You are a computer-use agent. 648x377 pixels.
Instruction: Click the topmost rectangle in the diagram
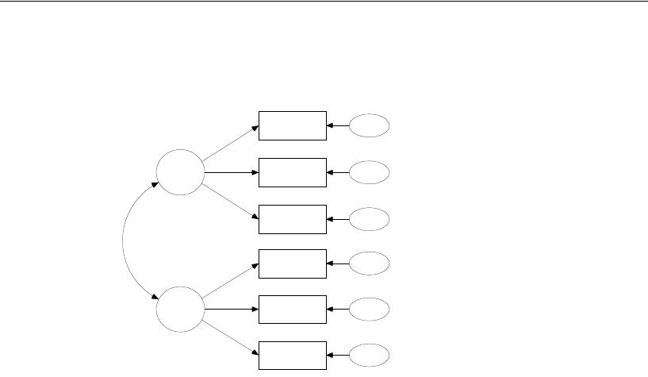(x=293, y=125)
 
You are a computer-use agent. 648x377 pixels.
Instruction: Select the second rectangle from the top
(x=293, y=172)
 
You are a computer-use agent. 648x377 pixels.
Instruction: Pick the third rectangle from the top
(x=293, y=219)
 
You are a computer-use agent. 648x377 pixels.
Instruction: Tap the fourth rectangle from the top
(x=293, y=264)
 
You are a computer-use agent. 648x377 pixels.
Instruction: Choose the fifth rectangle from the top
(x=293, y=310)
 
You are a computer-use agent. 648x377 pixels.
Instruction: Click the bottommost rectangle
(x=293, y=355)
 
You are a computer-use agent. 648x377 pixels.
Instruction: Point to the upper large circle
(x=179, y=172)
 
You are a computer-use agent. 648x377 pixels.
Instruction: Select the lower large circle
(x=179, y=310)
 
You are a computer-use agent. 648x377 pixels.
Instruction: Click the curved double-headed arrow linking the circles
(x=125, y=240)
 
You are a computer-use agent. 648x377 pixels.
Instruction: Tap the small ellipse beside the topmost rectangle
(x=370, y=125)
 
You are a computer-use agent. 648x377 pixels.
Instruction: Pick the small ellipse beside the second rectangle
(x=370, y=172)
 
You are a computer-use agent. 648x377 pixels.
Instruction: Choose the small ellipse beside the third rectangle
(x=370, y=219)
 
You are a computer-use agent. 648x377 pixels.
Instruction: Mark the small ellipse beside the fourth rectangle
(x=370, y=264)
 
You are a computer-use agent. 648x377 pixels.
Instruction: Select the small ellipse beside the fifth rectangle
(x=370, y=310)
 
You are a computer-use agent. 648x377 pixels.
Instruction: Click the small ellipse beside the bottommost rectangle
(x=370, y=355)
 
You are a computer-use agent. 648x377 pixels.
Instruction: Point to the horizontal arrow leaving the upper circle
(x=231, y=172)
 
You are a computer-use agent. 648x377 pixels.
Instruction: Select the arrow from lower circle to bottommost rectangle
(x=230, y=339)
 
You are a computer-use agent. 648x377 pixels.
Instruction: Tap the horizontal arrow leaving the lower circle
(x=231, y=310)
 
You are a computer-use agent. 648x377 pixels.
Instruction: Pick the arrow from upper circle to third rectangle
(x=230, y=202)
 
